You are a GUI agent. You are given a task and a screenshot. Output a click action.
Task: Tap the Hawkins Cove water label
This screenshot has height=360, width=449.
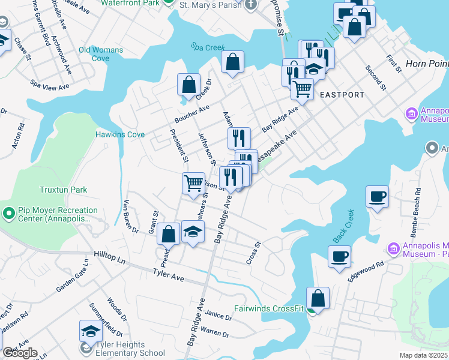(x=120, y=134)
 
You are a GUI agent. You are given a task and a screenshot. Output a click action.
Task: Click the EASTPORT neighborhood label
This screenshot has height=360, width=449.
(x=342, y=95)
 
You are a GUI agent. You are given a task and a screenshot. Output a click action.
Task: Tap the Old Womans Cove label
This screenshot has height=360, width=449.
(x=101, y=54)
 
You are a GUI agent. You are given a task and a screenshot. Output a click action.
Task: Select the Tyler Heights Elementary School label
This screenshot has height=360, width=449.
(x=118, y=349)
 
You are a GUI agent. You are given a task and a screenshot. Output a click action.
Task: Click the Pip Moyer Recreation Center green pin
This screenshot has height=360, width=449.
(x=8, y=213)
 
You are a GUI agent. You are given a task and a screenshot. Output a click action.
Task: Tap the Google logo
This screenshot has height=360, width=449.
(x=19, y=353)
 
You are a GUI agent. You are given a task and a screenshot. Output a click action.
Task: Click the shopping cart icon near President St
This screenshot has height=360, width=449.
(x=193, y=182)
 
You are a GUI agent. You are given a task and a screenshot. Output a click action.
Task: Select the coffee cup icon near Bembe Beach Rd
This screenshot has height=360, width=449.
(x=377, y=196)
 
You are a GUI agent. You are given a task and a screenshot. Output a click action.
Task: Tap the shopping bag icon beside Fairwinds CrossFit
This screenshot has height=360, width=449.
(x=318, y=298)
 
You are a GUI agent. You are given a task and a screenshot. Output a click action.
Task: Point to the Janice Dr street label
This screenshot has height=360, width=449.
(x=218, y=315)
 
